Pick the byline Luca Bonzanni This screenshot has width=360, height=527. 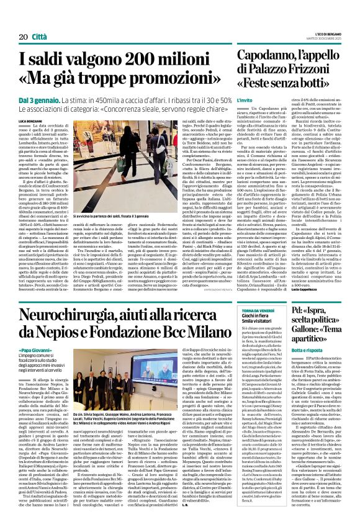(29, 120)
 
